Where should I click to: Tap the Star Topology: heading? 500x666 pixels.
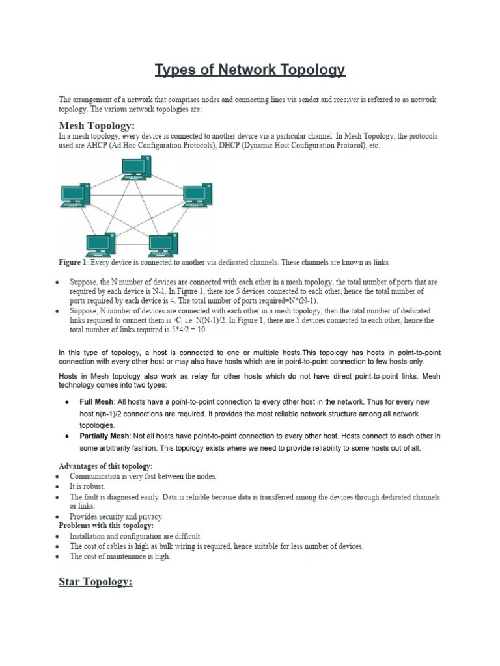pos(96,581)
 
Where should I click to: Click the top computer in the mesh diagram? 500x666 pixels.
pos(136,168)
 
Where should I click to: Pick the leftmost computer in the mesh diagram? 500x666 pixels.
pos(75,195)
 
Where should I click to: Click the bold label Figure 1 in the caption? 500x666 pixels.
pos(72,263)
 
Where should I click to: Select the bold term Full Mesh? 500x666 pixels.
pos(96,402)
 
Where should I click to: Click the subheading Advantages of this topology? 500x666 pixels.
pos(105,466)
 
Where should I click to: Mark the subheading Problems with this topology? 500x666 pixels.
pos(106,526)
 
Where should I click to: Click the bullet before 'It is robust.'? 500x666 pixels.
pos(58,486)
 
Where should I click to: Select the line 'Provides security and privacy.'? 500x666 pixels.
pos(117,516)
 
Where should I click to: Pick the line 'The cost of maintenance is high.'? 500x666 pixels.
pos(120,557)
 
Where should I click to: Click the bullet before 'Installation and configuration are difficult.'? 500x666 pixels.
pos(58,537)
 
